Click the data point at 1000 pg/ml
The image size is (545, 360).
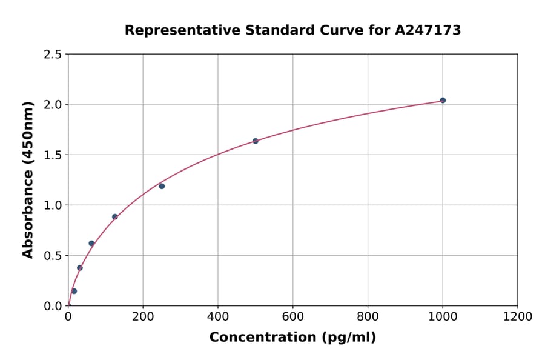[x=443, y=100]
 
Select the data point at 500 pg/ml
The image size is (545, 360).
[x=256, y=141]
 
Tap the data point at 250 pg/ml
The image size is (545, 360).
[x=162, y=186]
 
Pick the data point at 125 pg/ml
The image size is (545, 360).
[x=115, y=216]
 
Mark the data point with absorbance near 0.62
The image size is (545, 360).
[x=91, y=243]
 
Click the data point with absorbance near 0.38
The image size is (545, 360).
[x=80, y=267]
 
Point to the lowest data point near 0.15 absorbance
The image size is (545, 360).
[x=74, y=291]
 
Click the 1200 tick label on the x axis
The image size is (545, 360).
[x=518, y=316]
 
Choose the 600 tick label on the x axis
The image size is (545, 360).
[x=293, y=316]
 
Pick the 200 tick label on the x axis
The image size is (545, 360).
[x=143, y=316]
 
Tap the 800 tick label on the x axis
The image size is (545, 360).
[x=368, y=316]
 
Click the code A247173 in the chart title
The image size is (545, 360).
[x=428, y=30]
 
